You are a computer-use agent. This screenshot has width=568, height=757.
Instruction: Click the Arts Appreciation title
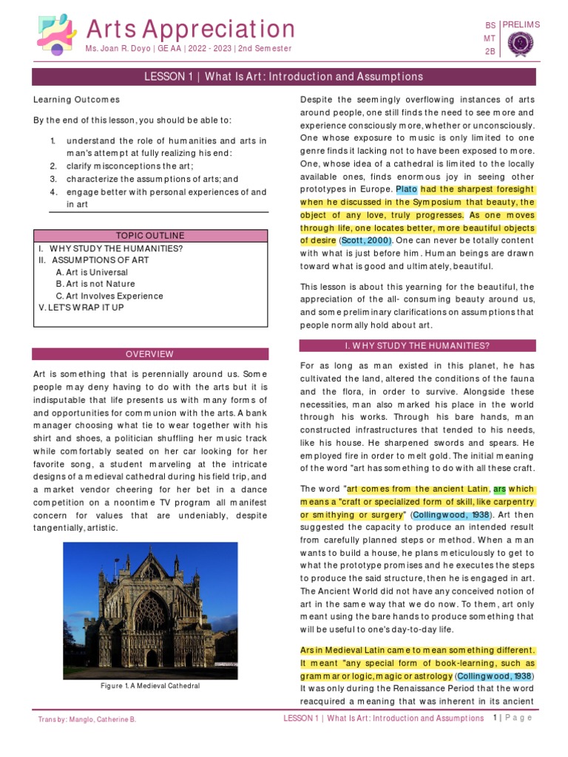tap(191, 29)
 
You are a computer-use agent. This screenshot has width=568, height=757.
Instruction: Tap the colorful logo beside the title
tap(55, 35)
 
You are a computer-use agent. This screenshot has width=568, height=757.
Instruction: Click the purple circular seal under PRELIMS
tap(522, 44)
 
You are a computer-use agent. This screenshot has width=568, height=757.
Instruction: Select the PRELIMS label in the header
tap(521, 24)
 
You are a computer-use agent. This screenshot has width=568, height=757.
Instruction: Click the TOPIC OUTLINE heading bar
tap(150, 236)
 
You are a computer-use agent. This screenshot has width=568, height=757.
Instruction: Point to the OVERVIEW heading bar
tap(150, 354)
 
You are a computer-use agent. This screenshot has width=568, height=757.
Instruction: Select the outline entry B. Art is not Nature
tap(95, 284)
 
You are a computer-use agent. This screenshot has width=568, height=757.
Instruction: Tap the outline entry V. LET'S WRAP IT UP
tap(81, 307)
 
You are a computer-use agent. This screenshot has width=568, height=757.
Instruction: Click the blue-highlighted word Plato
tap(407, 189)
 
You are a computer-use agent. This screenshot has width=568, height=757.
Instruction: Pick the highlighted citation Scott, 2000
tap(365, 240)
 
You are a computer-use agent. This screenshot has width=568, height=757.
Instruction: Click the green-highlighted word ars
tap(499, 489)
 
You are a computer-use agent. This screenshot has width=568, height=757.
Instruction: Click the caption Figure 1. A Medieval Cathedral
tap(150, 686)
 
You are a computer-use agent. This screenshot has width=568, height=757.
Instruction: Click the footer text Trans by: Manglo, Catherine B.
tap(87, 719)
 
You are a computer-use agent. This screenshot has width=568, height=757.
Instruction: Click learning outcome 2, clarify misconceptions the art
tap(130, 166)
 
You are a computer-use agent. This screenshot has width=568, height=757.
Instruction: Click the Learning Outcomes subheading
tap(77, 100)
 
